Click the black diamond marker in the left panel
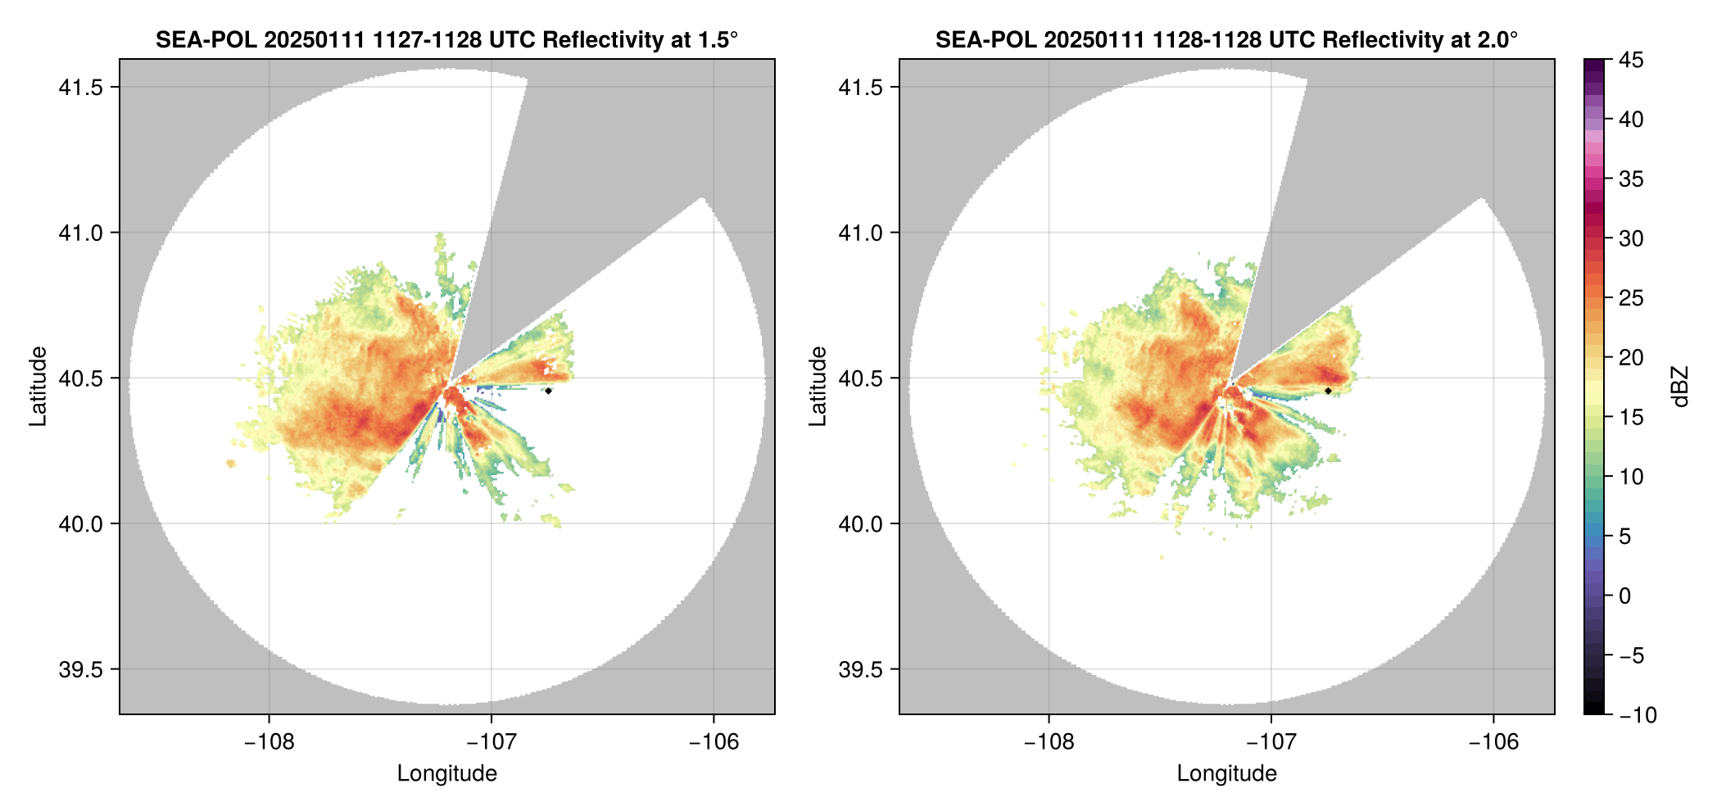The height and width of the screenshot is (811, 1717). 548,391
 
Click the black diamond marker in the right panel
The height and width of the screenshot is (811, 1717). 1328,391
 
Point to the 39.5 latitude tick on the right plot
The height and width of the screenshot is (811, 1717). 860,669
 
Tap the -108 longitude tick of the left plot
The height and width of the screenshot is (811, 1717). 269,742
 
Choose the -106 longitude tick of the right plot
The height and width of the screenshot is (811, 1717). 1493,742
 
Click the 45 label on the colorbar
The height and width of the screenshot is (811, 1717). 1631,60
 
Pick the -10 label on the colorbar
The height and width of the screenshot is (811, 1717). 1638,715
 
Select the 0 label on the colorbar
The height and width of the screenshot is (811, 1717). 1625,596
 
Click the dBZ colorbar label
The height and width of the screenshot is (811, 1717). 1680,387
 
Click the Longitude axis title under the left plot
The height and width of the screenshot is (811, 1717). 447,773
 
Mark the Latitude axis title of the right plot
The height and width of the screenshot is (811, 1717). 818,387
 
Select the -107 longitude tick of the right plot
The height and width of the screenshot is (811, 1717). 1271,742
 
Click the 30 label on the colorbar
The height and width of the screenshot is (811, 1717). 1631,239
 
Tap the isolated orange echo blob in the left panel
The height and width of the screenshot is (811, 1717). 231,464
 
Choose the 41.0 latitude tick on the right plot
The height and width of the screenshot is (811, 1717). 860,233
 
